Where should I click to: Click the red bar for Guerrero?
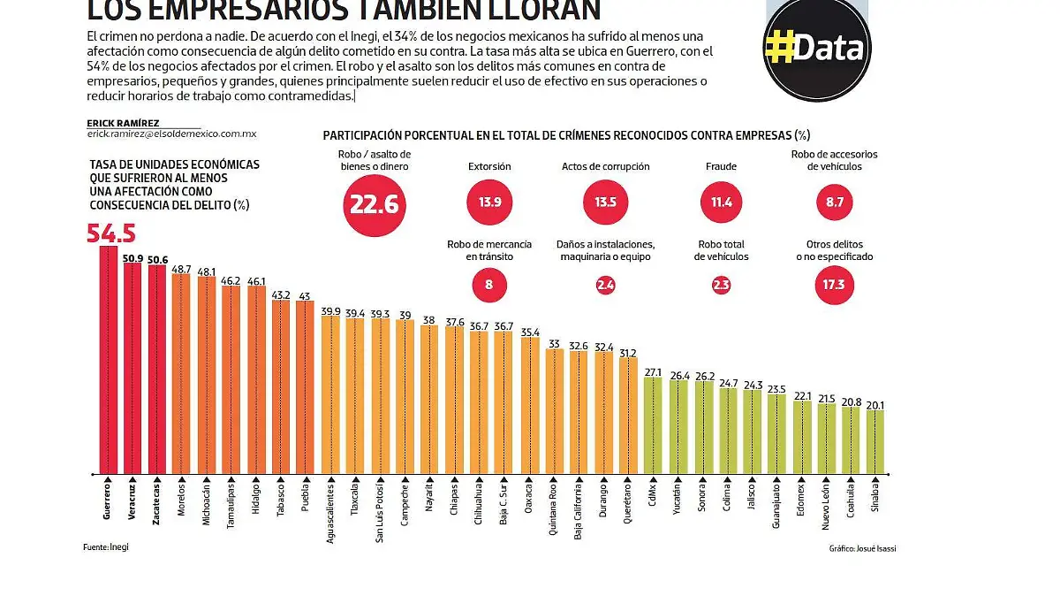tap(108, 358)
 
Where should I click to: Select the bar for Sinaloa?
tap(874, 440)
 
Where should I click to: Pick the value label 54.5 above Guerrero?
tap(110, 233)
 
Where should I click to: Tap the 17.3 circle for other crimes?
tap(834, 285)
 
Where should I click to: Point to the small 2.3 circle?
tap(721, 285)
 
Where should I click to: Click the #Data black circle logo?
tap(817, 49)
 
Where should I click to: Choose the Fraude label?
tap(721, 166)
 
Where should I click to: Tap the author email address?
tap(171, 134)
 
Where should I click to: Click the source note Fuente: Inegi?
tap(106, 546)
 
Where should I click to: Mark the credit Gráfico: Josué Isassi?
tap(862, 548)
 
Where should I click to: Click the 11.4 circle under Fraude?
tap(721, 202)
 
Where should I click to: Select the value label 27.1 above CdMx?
tap(653, 372)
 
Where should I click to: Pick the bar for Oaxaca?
tap(530, 404)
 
